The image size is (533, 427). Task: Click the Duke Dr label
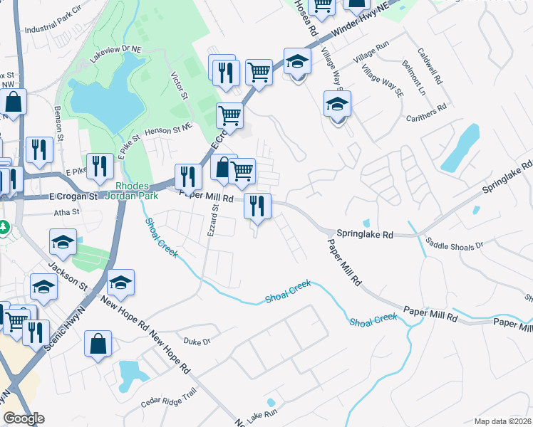click(x=197, y=342)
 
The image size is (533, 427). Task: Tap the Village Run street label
click(x=373, y=44)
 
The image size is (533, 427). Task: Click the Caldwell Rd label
click(x=430, y=67)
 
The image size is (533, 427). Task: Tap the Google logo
click(x=24, y=418)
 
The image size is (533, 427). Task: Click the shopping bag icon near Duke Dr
click(x=98, y=345)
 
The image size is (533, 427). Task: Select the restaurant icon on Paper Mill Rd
click(x=257, y=206)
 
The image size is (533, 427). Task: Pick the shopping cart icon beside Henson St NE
click(x=229, y=115)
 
